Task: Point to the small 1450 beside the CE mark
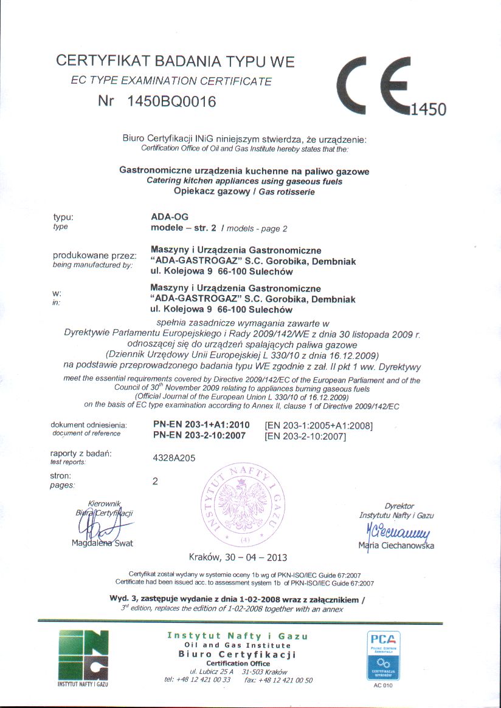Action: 429,109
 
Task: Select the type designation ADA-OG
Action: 170,216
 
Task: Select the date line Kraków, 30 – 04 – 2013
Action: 238,557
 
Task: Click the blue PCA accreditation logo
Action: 382,656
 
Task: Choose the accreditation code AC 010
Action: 382,686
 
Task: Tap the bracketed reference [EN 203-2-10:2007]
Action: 305,436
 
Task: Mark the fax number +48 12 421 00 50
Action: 287,680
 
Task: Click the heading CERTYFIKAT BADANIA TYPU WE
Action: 175,61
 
